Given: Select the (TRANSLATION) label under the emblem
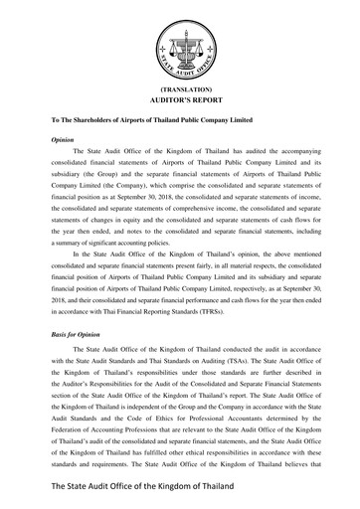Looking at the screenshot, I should click(180, 89).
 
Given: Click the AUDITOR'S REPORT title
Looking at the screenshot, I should click(180, 101).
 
